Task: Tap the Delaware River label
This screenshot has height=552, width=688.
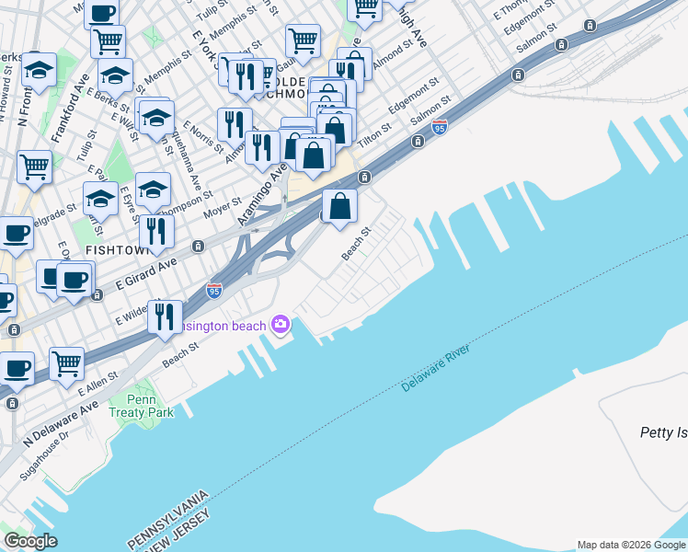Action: coord(436,368)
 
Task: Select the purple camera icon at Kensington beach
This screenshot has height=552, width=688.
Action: coord(281,325)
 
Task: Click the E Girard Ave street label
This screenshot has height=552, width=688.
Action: coord(146,274)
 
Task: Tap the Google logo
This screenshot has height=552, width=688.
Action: coord(30,541)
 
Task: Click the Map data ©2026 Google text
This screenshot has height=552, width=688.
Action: coord(630,545)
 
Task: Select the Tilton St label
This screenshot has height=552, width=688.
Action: coord(374,136)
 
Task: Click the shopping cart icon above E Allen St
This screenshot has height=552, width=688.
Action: coord(67,363)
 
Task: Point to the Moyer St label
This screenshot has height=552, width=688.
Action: coord(222,209)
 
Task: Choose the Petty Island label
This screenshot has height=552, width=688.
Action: coord(663,431)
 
